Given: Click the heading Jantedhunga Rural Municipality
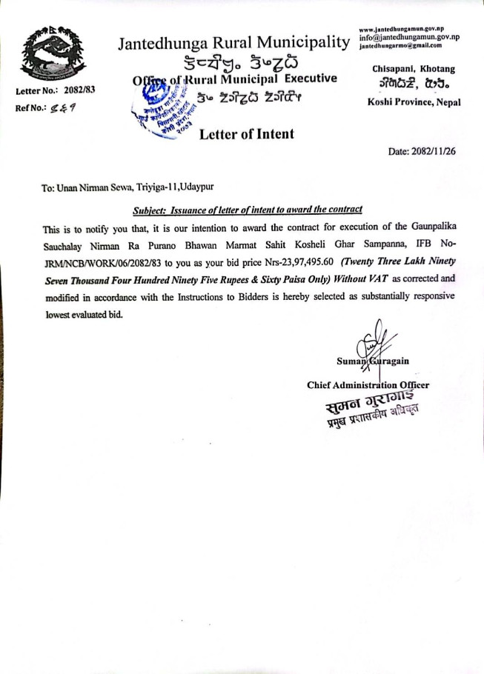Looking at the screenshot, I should coord(233,44).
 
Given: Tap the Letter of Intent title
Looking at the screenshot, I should coord(246,134).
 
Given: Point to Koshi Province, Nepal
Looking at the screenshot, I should coord(414,102).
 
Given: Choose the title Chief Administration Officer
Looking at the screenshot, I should coord(368,385).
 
